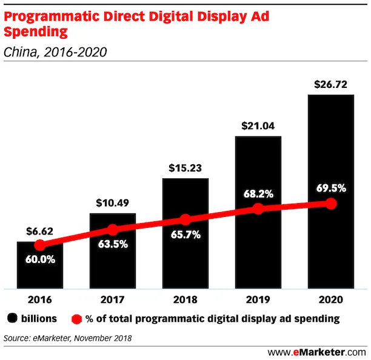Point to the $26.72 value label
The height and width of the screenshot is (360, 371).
(x=330, y=84)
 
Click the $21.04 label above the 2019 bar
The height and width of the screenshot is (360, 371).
(x=258, y=126)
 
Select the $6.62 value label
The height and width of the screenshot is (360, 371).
(x=39, y=232)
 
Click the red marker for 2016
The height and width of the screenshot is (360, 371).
(x=39, y=245)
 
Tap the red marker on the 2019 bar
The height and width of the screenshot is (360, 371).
(x=258, y=208)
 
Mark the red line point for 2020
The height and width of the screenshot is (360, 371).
(x=330, y=204)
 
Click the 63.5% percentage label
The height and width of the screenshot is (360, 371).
(x=112, y=245)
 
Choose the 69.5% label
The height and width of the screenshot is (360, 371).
(x=330, y=188)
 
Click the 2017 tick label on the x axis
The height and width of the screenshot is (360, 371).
(x=112, y=300)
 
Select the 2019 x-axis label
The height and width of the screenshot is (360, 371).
(x=258, y=300)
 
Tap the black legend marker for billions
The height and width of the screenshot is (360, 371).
(x=12, y=318)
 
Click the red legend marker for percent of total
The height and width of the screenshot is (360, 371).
(x=76, y=318)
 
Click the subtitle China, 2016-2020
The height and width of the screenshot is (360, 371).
(x=55, y=53)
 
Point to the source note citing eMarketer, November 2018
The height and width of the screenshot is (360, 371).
(x=67, y=337)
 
